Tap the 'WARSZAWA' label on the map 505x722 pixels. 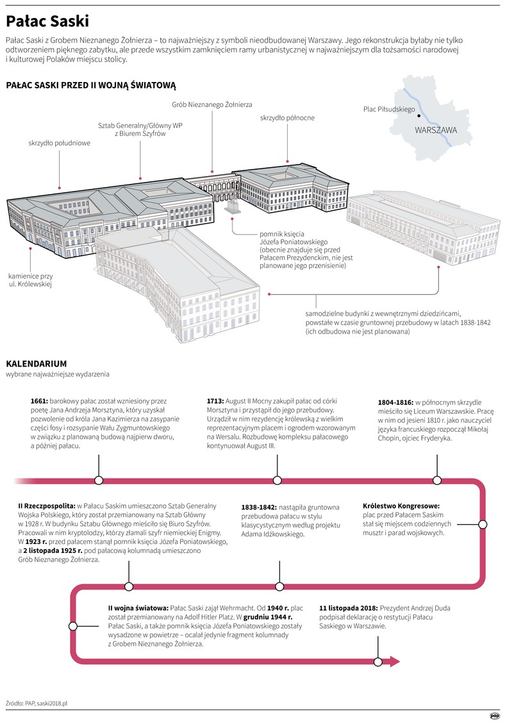coord(436,130)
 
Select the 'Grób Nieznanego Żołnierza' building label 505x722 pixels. coord(212,104)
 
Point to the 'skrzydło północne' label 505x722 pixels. coord(287,118)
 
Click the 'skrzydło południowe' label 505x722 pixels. coord(59,143)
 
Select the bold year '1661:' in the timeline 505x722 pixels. coord(39,401)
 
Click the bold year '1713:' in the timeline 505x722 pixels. coord(215,401)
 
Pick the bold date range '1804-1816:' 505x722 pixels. coord(395,402)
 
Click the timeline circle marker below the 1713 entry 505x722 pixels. coord(277,480)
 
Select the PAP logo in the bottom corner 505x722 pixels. coord(493,716)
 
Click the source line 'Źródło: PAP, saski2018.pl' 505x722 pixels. coord(37,703)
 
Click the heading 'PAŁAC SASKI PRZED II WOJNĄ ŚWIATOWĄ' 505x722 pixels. coord(90,85)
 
